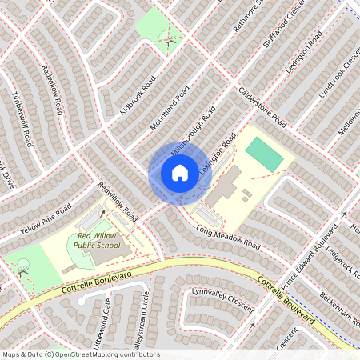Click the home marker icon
pyautogui.click(x=179, y=173)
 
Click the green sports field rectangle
pyautogui.click(x=264, y=154)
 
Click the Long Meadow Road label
pyautogui.click(x=228, y=236)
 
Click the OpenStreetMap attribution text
pyautogui.click(x=80, y=354)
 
